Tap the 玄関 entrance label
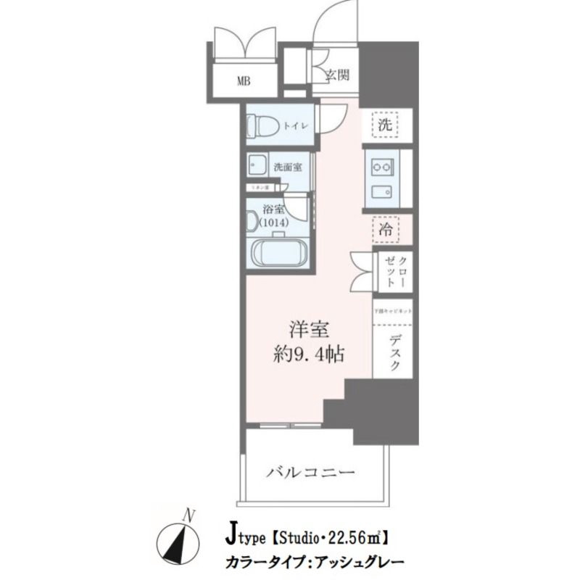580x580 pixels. pos(337,75)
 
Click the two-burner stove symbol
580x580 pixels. pos(382,168)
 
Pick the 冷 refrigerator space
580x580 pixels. pos(386,231)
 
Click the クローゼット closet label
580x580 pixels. pos(397,271)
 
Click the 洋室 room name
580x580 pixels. pos(310,330)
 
